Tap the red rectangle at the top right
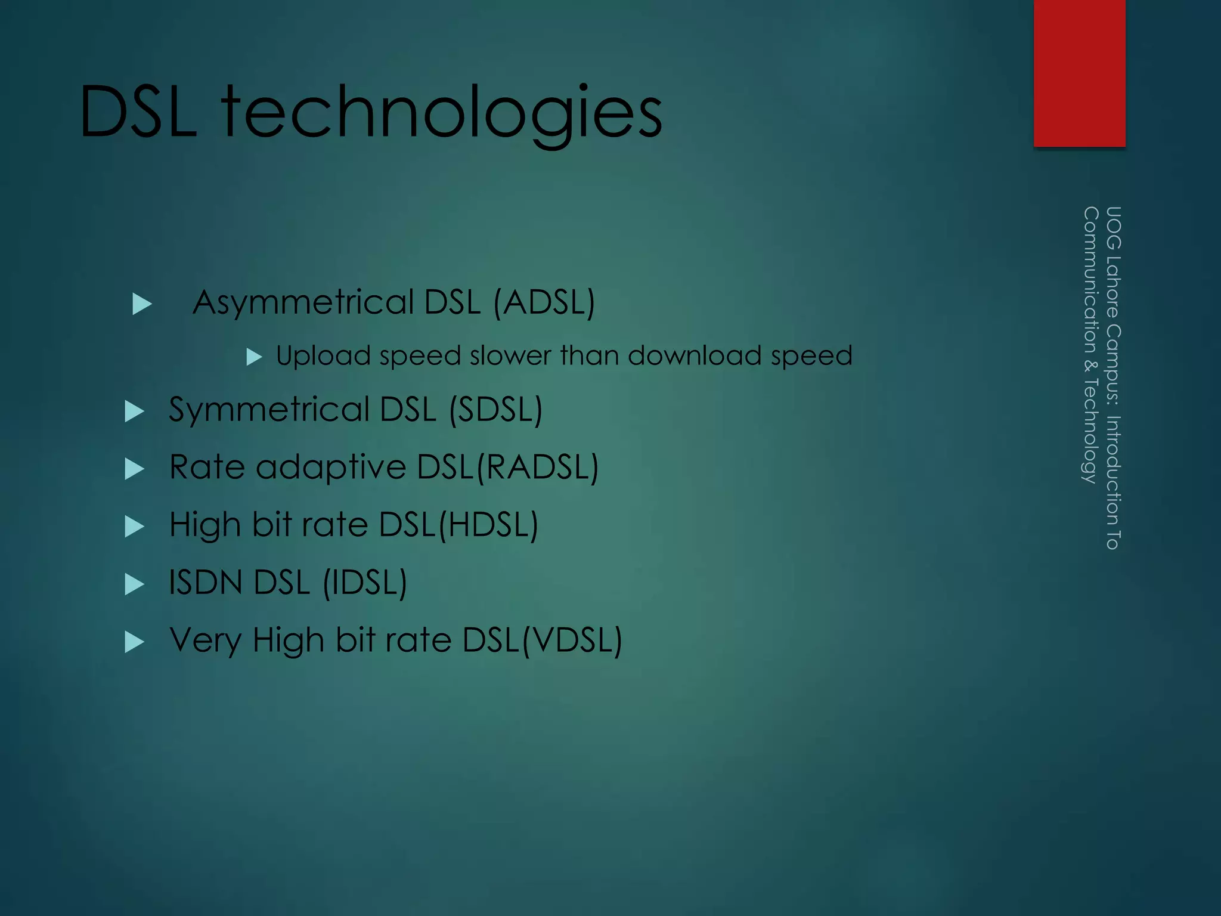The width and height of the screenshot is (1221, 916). point(1079,73)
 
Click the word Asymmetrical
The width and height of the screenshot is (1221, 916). point(303,303)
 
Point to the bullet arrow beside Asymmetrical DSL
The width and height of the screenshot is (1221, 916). point(142,304)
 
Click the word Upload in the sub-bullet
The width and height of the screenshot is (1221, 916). point(323,356)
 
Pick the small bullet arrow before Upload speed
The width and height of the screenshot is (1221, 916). point(255,357)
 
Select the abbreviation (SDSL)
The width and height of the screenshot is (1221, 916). point(495,410)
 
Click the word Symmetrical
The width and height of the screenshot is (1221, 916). point(269,410)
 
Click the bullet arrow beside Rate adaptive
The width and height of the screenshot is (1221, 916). point(135,468)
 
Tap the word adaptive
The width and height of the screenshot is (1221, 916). point(331,467)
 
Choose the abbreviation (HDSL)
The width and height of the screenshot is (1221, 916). point(488,525)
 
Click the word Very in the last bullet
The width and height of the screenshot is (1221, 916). point(206,640)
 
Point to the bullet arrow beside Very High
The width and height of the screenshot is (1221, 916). point(135,642)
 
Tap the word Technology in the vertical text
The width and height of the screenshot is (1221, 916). point(1090,430)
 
